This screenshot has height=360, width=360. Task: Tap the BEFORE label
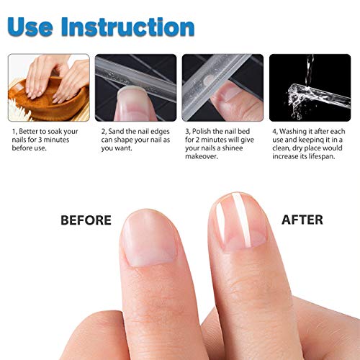tap(86, 220)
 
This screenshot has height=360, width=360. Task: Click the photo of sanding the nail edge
tap(136, 87)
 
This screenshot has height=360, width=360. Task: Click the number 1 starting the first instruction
tap(13, 132)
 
